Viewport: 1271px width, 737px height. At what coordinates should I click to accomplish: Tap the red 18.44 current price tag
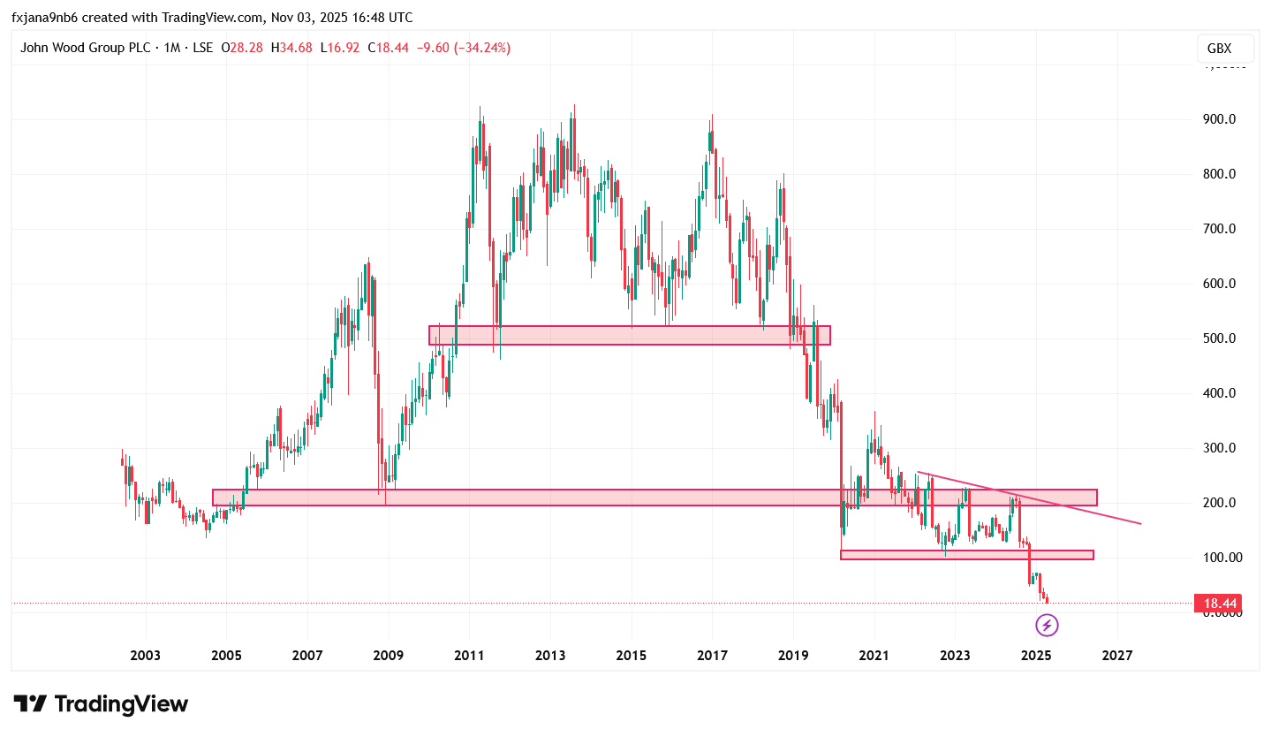[x=1217, y=604]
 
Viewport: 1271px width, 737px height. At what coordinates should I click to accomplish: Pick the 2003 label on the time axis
[x=145, y=656]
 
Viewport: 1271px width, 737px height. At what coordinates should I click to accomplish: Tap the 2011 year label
[x=469, y=656]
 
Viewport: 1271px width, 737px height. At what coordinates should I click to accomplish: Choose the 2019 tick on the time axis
[x=793, y=656]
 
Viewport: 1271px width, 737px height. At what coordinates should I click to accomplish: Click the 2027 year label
[x=1117, y=656]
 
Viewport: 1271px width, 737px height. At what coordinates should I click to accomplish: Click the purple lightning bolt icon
[x=1047, y=626]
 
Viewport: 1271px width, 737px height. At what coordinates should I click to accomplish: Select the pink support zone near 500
[x=629, y=335]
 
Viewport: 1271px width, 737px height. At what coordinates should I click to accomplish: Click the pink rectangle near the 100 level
[x=966, y=555]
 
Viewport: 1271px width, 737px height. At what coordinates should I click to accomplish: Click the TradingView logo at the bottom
[x=101, y=704]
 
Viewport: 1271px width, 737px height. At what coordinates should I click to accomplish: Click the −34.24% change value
[x=481, y=48]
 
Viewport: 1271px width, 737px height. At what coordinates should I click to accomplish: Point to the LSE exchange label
[x=202, y=48]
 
